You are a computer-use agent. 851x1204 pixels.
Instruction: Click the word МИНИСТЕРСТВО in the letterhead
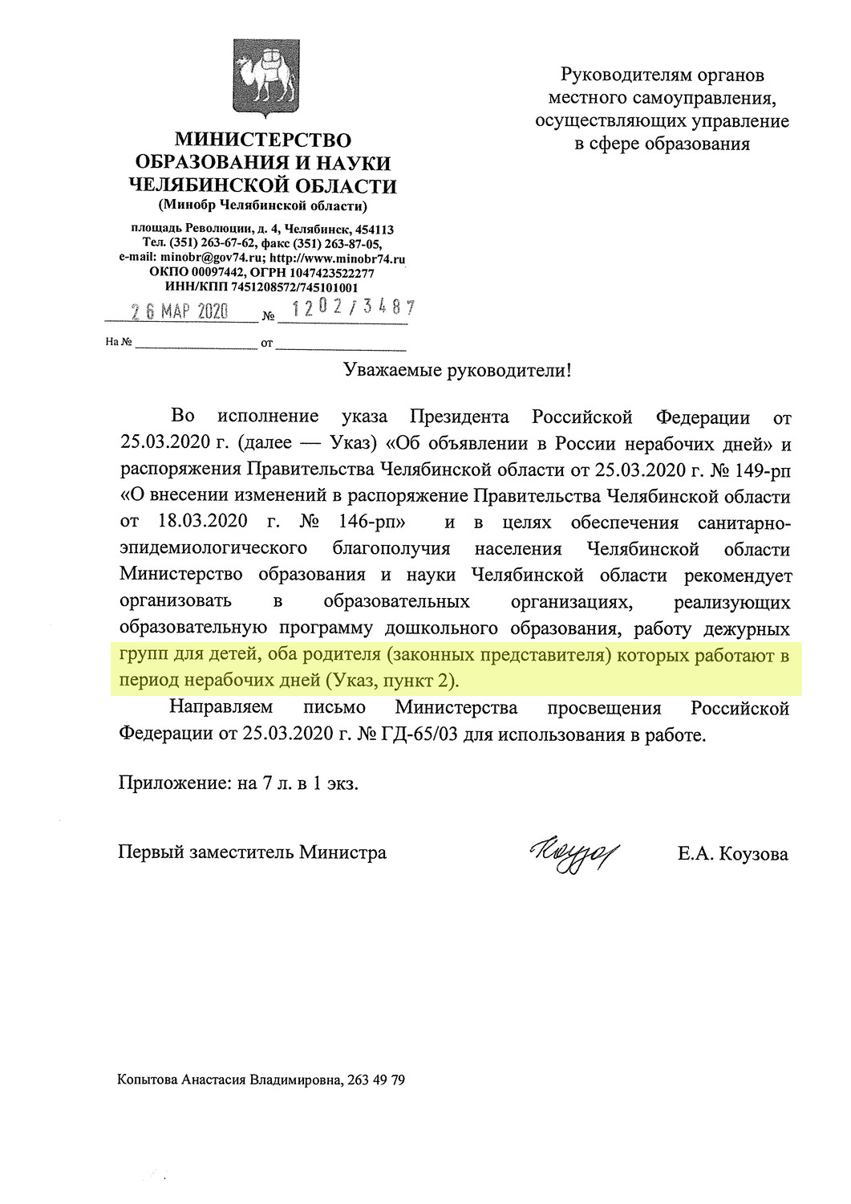click(263, 140)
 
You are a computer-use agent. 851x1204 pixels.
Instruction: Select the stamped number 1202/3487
click(353, 307)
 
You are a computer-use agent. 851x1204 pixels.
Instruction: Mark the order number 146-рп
click(373, 523)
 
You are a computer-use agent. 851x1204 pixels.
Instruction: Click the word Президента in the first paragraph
click(460, 417)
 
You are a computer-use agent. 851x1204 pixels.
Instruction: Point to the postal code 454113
click(374, 230)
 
